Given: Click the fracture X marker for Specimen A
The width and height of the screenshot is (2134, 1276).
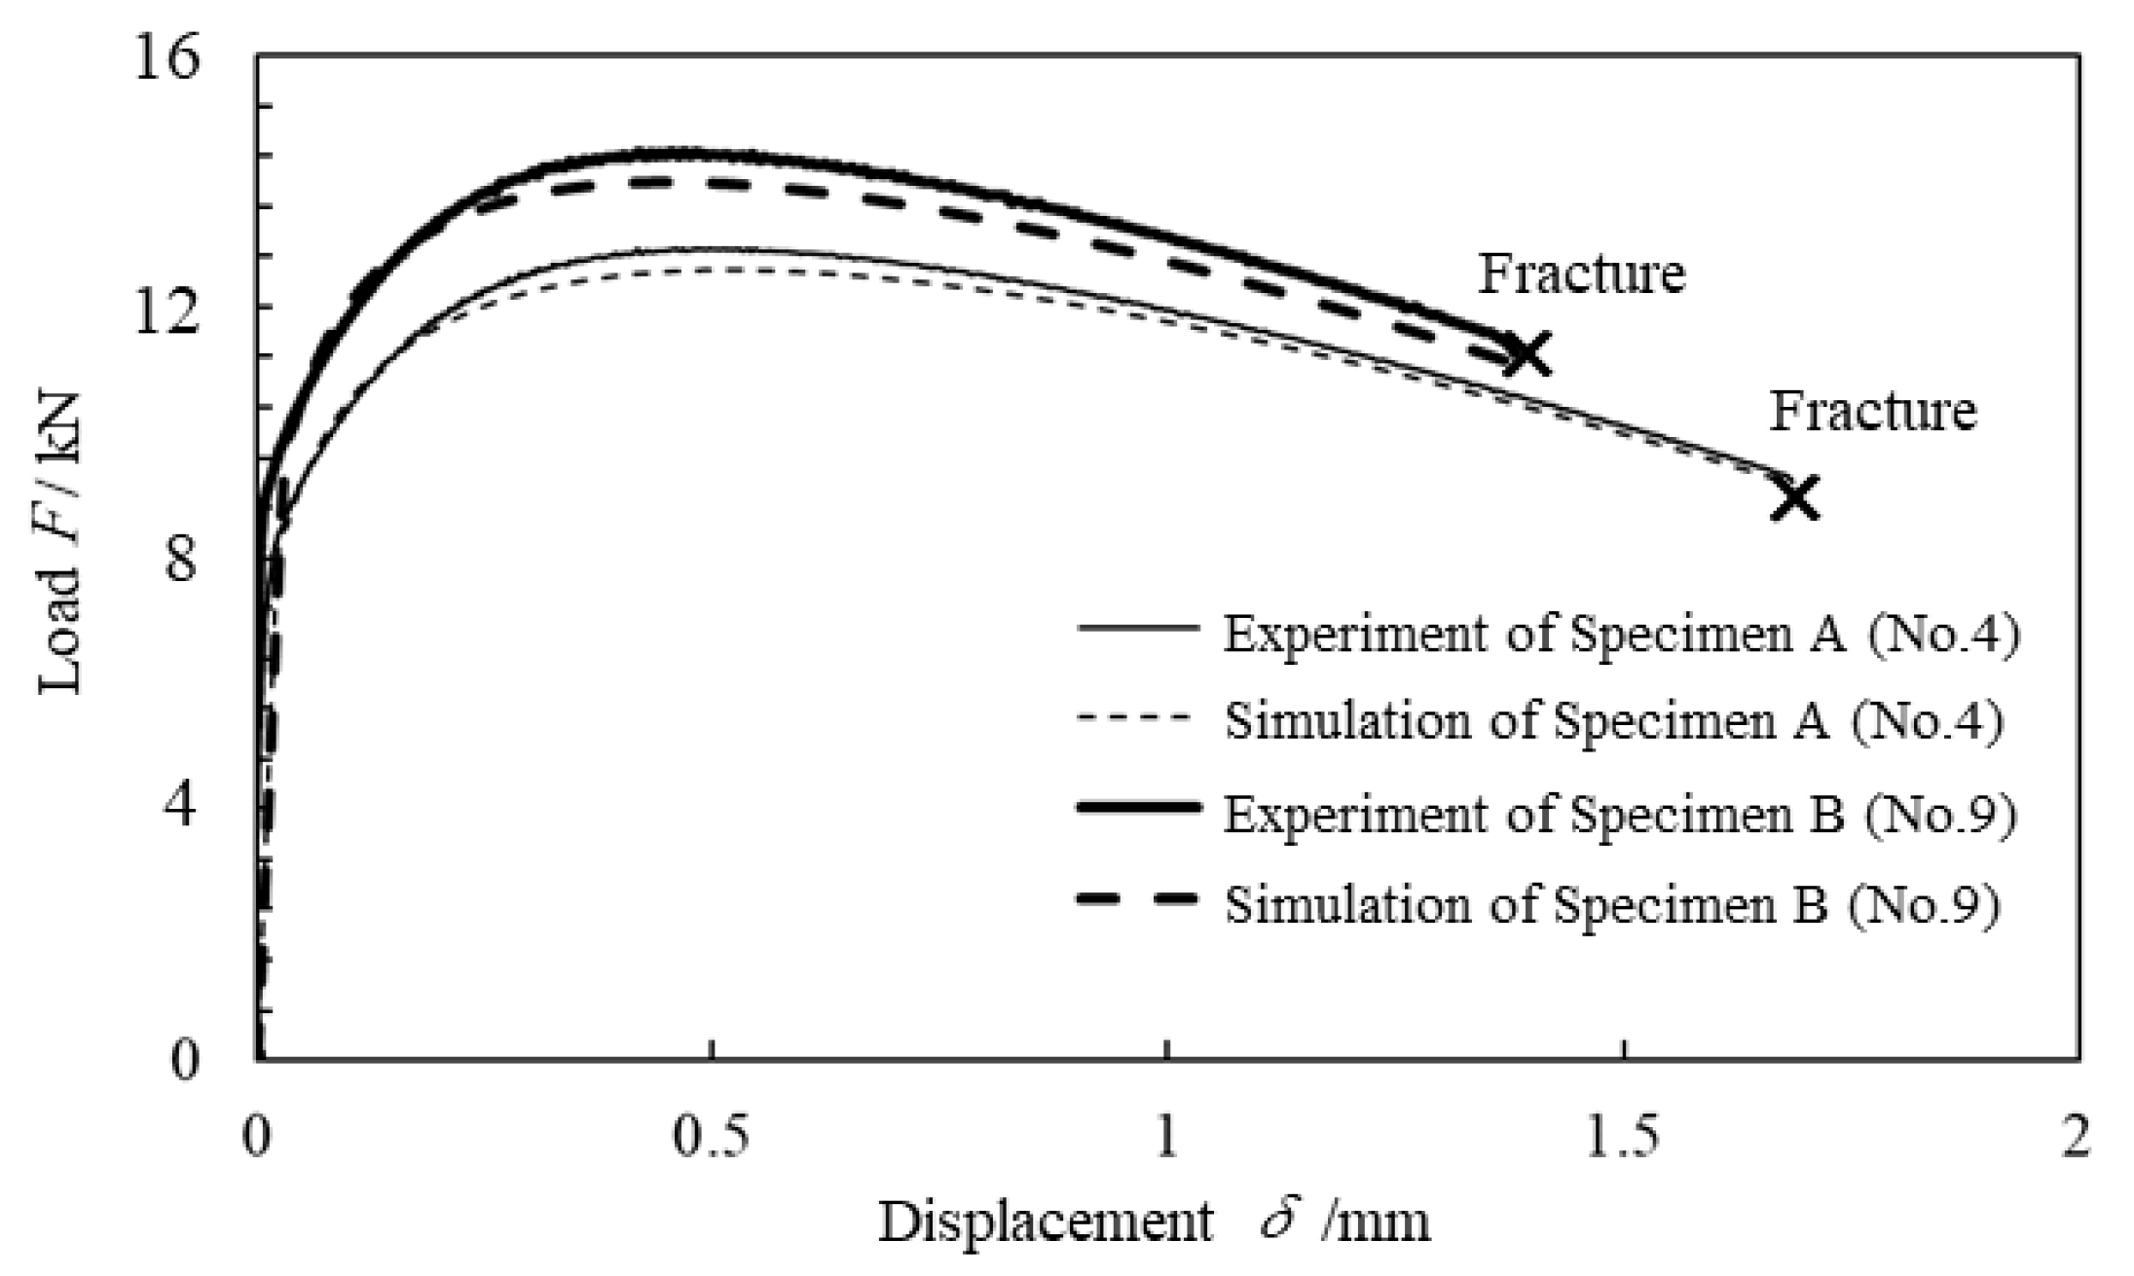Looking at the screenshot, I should tap(1795, 497).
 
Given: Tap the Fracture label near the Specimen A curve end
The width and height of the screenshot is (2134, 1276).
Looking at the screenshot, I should tap(1872, 411).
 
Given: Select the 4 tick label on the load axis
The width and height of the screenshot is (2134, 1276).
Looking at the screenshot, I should tap(181, 807).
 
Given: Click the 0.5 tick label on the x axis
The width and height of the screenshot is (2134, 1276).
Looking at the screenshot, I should tap(713, 1137).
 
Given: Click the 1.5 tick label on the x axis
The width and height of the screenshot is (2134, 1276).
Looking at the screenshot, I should tap(1622, 1137).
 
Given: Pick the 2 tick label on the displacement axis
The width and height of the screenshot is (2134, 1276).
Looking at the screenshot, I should tap(2076, 1137).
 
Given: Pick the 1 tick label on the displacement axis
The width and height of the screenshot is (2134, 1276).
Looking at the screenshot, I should tap(1167, 1137).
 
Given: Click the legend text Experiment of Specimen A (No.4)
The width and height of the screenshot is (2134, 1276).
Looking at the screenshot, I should tap(1621, 634).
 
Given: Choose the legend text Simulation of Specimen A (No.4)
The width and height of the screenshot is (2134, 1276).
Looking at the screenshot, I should tap(1613, 721).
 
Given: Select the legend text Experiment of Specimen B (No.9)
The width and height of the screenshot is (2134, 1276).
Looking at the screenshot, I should tap(1620, 813).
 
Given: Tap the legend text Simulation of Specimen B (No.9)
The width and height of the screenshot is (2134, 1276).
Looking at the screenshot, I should tap(1612, 903).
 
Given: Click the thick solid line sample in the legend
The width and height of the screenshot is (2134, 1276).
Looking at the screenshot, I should tap(1138, 807).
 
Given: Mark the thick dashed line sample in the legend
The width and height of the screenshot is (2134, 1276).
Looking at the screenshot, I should tap(1138, 898).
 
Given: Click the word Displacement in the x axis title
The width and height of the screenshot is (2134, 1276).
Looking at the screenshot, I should tap(1047, 1222).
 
